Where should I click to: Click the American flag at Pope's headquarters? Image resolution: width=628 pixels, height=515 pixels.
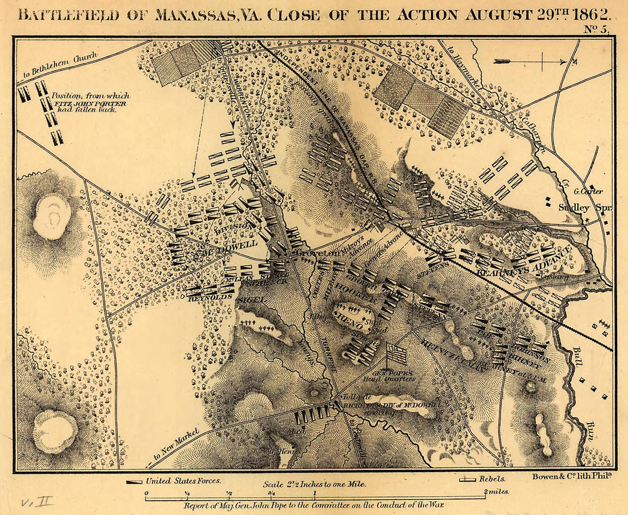pos(397,355)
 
